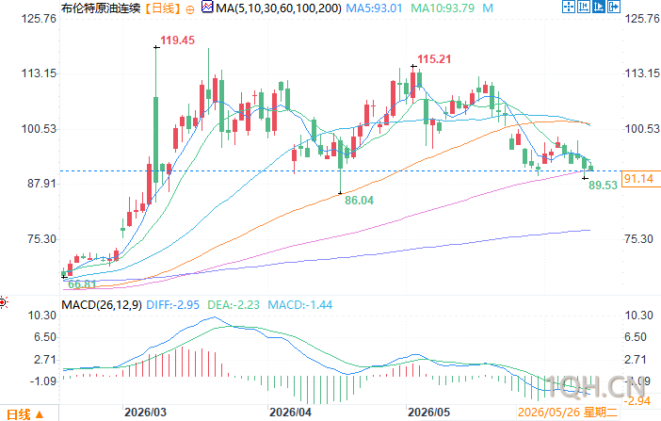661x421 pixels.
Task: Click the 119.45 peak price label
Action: pyautogui.click(x=177, y=40)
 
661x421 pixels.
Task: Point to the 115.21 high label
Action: pyautogui.click(x=434, y=59)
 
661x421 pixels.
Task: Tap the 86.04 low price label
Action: pyautogui.click(x=359, y=200)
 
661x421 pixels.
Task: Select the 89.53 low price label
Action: pyautogui.click(x=603, y=185)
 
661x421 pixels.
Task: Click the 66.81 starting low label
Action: pyautogui.click(x=82, y=283)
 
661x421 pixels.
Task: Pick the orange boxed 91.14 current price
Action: pyautogui.click(x=638, y=178)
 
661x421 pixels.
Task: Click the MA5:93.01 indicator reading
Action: pyautogui.click(x=375, y=8)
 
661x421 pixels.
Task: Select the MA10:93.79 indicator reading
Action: pyautogui.click(x=443, y=8)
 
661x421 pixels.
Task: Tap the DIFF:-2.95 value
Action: pyautogui.click(x=173, y=304)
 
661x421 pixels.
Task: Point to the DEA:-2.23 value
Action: pyautogui.click(x=234, y=304)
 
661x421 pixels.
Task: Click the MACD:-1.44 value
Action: pyautogui.click(x=300, y=304)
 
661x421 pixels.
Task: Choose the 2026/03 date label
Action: pyautogui.click(x=145, y=413)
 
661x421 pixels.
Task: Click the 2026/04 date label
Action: pyautogui.click(x=290, y=413)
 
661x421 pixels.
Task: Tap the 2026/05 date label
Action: pyautogui.click(x=428, y=413)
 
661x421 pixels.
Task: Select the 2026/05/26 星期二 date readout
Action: pyautogui.click(x=568, y=413)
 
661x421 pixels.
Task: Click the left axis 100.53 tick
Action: pyautogui.click(x=39, y=128)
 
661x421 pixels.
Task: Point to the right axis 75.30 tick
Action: pyautogui.click(x=638, y=239)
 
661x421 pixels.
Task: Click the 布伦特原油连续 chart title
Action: pyautogui.click(x=101, y=8)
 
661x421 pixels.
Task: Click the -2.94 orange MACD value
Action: pyautogui.click(x=638, y=400)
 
